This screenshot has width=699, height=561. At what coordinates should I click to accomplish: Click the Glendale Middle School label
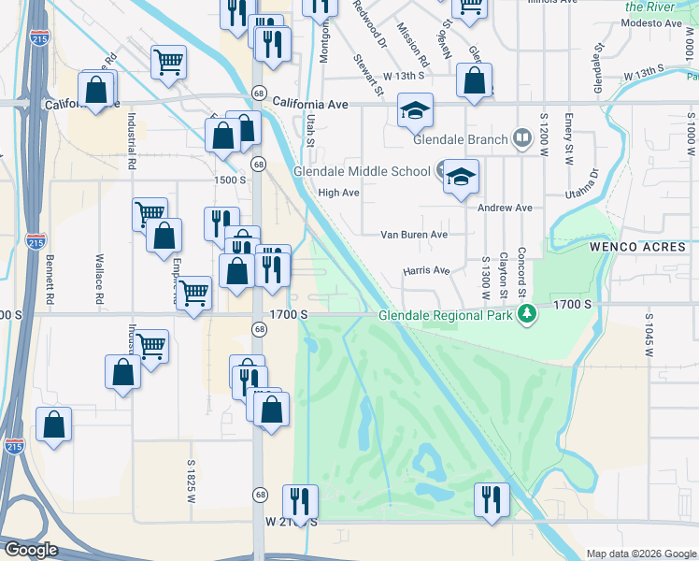tap(362, 171)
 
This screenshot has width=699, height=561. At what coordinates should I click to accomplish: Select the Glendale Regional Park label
tap(446, 315)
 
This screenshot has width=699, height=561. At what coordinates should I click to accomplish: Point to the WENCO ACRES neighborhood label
tap(638, 247)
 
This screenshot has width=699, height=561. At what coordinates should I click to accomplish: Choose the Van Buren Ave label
tap(413, 235)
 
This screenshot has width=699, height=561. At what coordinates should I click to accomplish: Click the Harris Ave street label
tap(426, 271)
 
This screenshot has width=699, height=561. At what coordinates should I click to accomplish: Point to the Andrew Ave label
tap(505, 208)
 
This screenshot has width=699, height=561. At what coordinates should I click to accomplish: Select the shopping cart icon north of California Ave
tap(168, 63)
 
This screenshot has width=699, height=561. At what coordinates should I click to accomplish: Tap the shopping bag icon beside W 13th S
tap(475, 81)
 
